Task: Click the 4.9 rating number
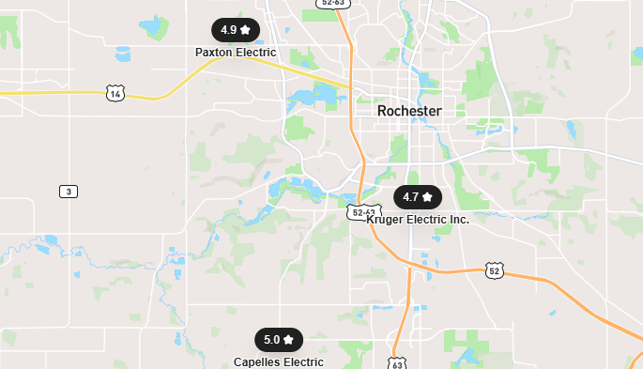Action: coord(229,30)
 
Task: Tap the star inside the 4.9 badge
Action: coord(245,30)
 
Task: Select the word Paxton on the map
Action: coord(215,53)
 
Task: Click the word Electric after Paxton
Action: coord(256,53)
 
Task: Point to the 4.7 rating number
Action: coord(411,197)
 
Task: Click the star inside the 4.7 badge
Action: coord(427,197)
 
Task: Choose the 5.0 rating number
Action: coord(272,340)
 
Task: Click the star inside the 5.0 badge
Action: coord(288,340)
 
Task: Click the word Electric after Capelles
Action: coord(303,362)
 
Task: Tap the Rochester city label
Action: coord(409,111)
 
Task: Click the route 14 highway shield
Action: coord(115,93)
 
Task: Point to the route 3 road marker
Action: coord(68,192)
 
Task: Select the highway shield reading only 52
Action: coord(495,270)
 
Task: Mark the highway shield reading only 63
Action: coord(397,362)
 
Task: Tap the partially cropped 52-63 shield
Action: coord(334,3)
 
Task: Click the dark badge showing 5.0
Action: coord(279,340)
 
